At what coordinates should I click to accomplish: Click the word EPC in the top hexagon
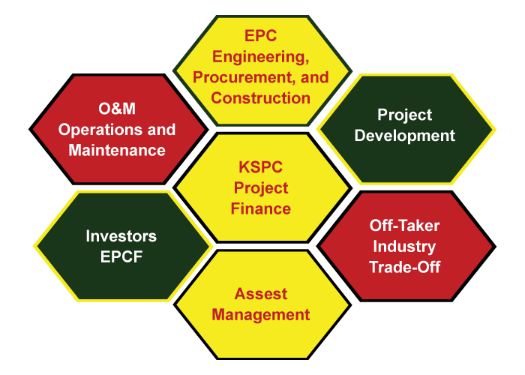260,36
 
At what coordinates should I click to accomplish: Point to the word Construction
260,97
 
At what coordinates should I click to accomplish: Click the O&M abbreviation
117,109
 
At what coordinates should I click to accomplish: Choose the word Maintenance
117,150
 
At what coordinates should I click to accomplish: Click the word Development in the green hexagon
404,136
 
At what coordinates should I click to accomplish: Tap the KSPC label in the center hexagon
260,167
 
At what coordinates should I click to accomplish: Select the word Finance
260,208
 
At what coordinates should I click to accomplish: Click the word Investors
121,236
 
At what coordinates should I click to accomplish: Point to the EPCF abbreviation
121,256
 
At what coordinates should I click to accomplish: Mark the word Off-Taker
404,226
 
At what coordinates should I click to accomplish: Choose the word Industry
404,247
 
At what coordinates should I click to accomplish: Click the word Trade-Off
404,267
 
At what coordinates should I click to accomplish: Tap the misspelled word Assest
260,294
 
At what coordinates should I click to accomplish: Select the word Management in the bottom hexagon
260,316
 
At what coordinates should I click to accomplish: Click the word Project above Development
404,115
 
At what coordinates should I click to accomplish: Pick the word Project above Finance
260,188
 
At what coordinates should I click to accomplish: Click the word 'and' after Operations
161,130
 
